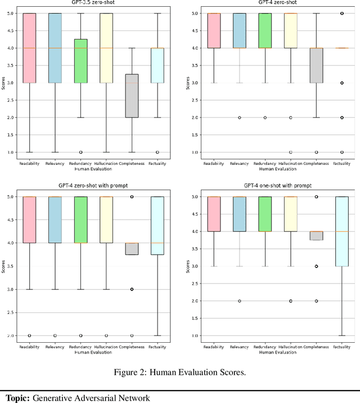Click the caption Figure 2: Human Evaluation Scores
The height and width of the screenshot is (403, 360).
(179, 370)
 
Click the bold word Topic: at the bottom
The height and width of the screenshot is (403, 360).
(17, 398)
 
